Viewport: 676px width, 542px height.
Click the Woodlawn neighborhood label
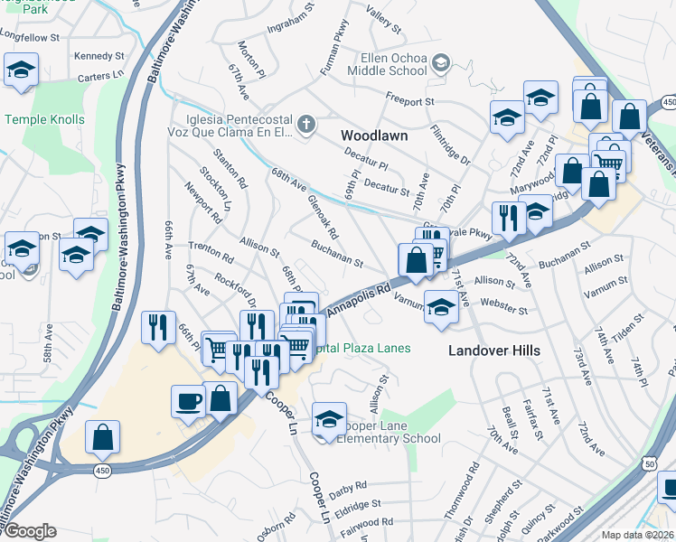coord(374,135)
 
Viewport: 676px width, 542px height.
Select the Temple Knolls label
coord(45,119)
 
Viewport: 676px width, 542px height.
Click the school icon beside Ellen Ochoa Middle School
coord(440,63)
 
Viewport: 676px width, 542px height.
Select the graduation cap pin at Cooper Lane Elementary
coord(329,419)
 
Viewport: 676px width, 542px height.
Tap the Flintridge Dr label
coord(451,145)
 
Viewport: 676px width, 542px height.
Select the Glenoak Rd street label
coord(323,218)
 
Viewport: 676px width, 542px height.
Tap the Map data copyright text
coord(636,535)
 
